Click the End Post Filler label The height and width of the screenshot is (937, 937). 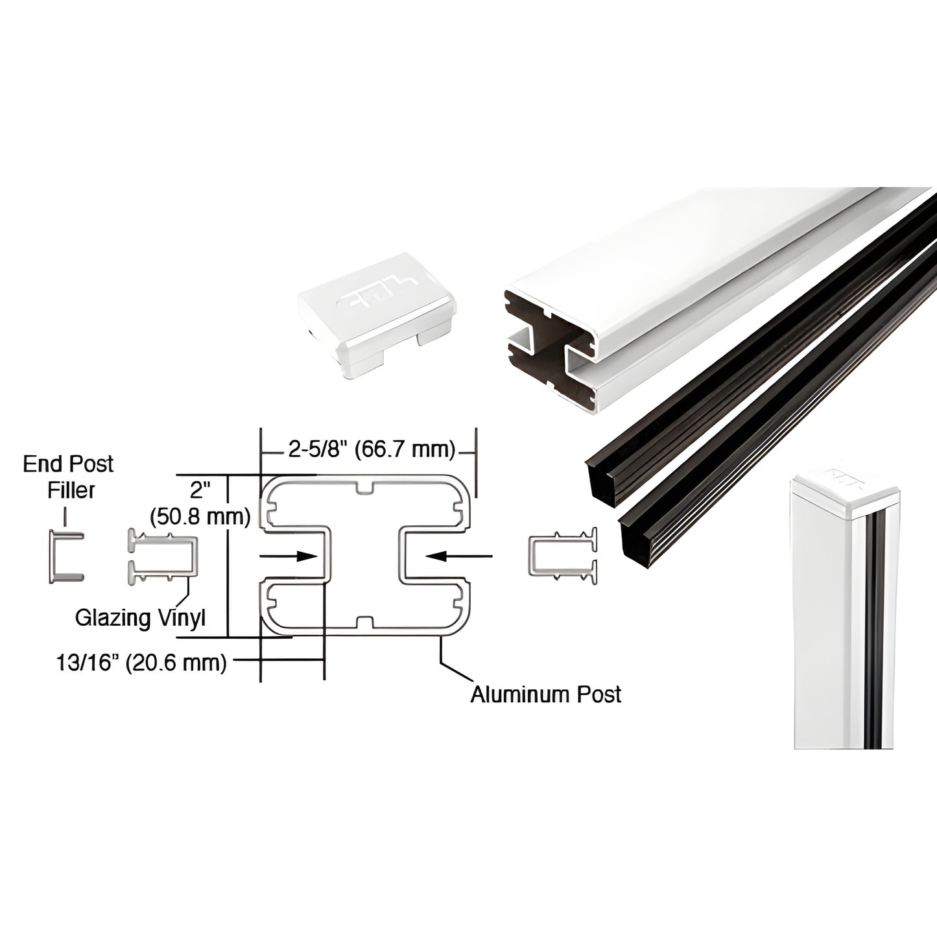(67, 477)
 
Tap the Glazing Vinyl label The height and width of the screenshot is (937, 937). (140, 617)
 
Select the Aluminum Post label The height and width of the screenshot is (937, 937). (546, 694)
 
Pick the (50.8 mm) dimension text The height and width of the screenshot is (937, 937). (200, 516)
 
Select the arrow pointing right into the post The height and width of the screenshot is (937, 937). (289, 556)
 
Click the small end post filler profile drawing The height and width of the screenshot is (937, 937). (65, 556)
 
